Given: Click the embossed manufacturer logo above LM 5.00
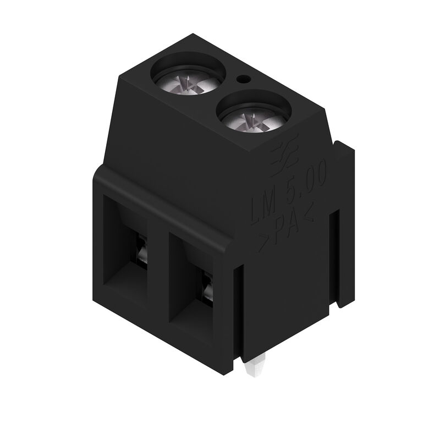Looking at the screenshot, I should pos(284,157).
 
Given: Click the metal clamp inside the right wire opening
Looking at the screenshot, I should pos(209,288).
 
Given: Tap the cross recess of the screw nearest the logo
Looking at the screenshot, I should pos(254,118).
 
